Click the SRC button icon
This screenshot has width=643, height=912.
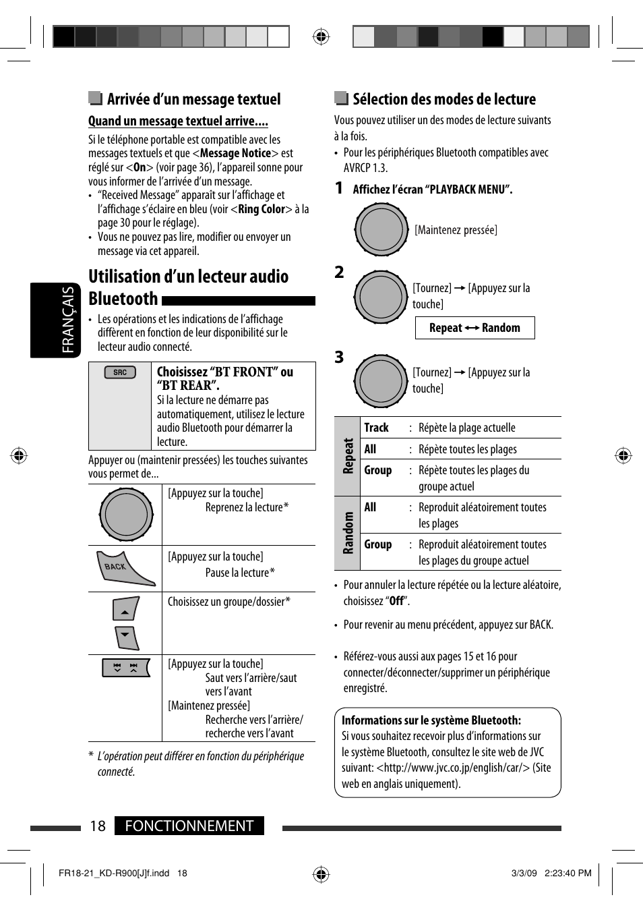click(x=120, y=372)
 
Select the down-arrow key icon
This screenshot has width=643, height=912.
click(x=126, y=637)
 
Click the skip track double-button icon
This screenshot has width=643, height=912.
click(x=125, y=668)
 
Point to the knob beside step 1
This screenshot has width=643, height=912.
click(x=381, y=230)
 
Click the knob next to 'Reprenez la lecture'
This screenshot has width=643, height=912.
click(x=126, y=515)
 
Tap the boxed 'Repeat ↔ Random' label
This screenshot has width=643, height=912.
click(x=474, y=328)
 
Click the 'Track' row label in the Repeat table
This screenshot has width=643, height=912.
click(x=376, y=428)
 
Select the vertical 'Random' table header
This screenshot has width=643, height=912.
click(x=348, y=533)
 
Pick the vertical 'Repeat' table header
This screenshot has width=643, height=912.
click(x=348, y=455)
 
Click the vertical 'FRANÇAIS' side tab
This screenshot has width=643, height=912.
click(x=68, y=320)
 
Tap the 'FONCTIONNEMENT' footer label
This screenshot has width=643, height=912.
click(x=189, y=826)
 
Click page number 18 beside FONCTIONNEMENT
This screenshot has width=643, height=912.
click(x=98, y=826)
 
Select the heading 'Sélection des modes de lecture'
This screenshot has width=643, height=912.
click(x=444, y=99)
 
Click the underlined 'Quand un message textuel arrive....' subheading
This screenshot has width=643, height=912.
click(x=178, y=121)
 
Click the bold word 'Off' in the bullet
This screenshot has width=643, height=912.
click(x=396, y=601)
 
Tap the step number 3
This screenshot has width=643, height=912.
click(x=339, y=357)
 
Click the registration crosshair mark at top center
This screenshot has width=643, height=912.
click(x=321, y=36)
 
